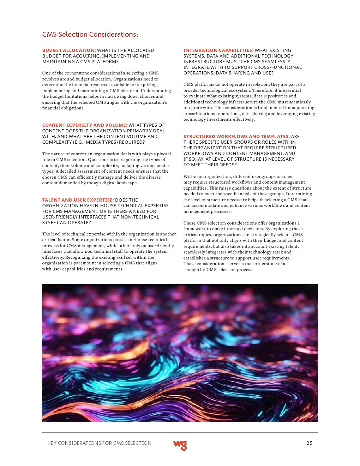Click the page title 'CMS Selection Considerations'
(x=89, y=35)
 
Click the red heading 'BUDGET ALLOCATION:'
(x=69, y=50)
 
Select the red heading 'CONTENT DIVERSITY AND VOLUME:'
(x=85, y=125)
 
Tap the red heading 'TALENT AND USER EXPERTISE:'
(x=78, y=200)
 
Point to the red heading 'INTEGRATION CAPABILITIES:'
(x=218, y=50)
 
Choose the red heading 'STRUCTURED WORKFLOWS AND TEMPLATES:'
(x=236, y=137)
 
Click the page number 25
(x=309, y=443)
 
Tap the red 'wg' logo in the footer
(x=180, y=445)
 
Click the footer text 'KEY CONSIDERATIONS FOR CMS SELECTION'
(x=99, y=443)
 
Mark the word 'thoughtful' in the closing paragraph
(x=194, y=270)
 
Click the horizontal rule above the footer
(x=180, y=433)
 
